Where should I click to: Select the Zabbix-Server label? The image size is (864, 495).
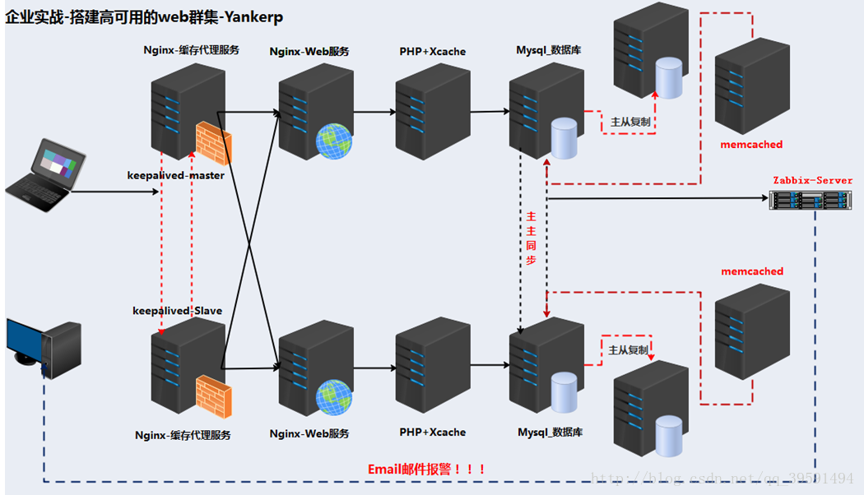[x=812, y=180]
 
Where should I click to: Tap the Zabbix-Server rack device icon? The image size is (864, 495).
[x=810, y=199]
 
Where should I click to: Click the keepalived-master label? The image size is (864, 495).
[x=175, y=175]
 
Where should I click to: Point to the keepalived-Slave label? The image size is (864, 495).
[x=177, y=310]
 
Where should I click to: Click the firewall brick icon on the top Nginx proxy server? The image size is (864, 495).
[x=213, y=141]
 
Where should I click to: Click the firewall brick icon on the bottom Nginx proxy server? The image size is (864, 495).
[x=213, y=396]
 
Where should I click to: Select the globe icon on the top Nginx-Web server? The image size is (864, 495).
[x=334, y=141]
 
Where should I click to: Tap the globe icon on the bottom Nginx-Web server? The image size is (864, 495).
[x=334, y=396]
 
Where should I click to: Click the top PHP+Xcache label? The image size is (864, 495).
[x=432, y=51]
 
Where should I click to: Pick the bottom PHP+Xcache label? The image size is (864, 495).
[x=432, y=432]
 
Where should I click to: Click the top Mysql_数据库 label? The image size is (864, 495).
[x=549, y=51]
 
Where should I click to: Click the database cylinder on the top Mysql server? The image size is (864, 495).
[x=564, y=138]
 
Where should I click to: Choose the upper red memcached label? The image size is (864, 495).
[x=751, y=144]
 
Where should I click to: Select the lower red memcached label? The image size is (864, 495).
[x=752, y=271]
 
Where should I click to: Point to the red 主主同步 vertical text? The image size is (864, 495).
[x=532, y=238]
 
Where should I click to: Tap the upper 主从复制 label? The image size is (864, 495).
[x=630, y=122]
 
